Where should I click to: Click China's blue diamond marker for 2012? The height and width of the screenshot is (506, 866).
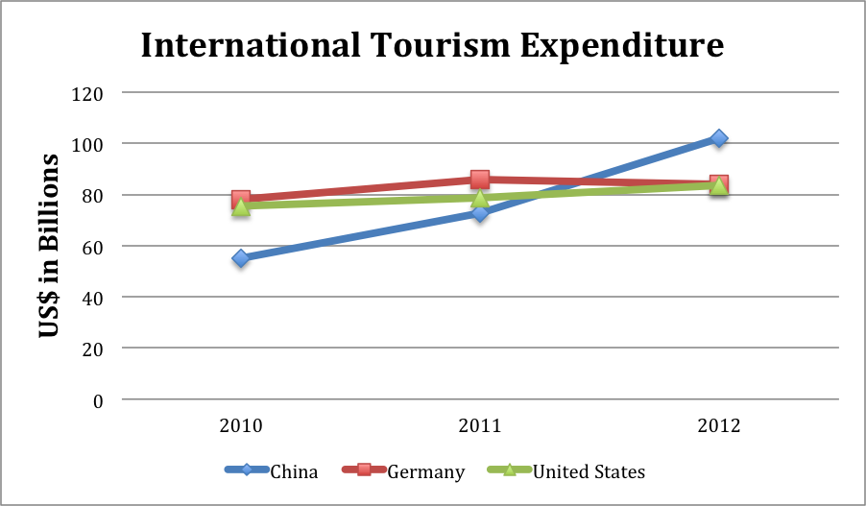point(718,138)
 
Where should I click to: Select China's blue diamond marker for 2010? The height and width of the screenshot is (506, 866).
point(241,258)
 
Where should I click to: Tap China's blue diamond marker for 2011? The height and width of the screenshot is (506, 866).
point(480,212)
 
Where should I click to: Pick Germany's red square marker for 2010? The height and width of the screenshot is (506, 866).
point(241,200)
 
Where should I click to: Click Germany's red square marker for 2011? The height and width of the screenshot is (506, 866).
point(480,180)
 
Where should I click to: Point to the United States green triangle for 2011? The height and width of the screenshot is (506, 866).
point(480,199)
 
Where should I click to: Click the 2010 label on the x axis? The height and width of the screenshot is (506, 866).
point(241,426)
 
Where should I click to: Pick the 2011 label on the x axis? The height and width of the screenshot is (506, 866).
point(480,426)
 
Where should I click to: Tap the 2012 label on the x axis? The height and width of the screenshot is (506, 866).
point(718,426)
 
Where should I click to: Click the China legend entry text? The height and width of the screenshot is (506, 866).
point(294,471)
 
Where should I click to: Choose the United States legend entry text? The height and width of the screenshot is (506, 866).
point(589,471)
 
